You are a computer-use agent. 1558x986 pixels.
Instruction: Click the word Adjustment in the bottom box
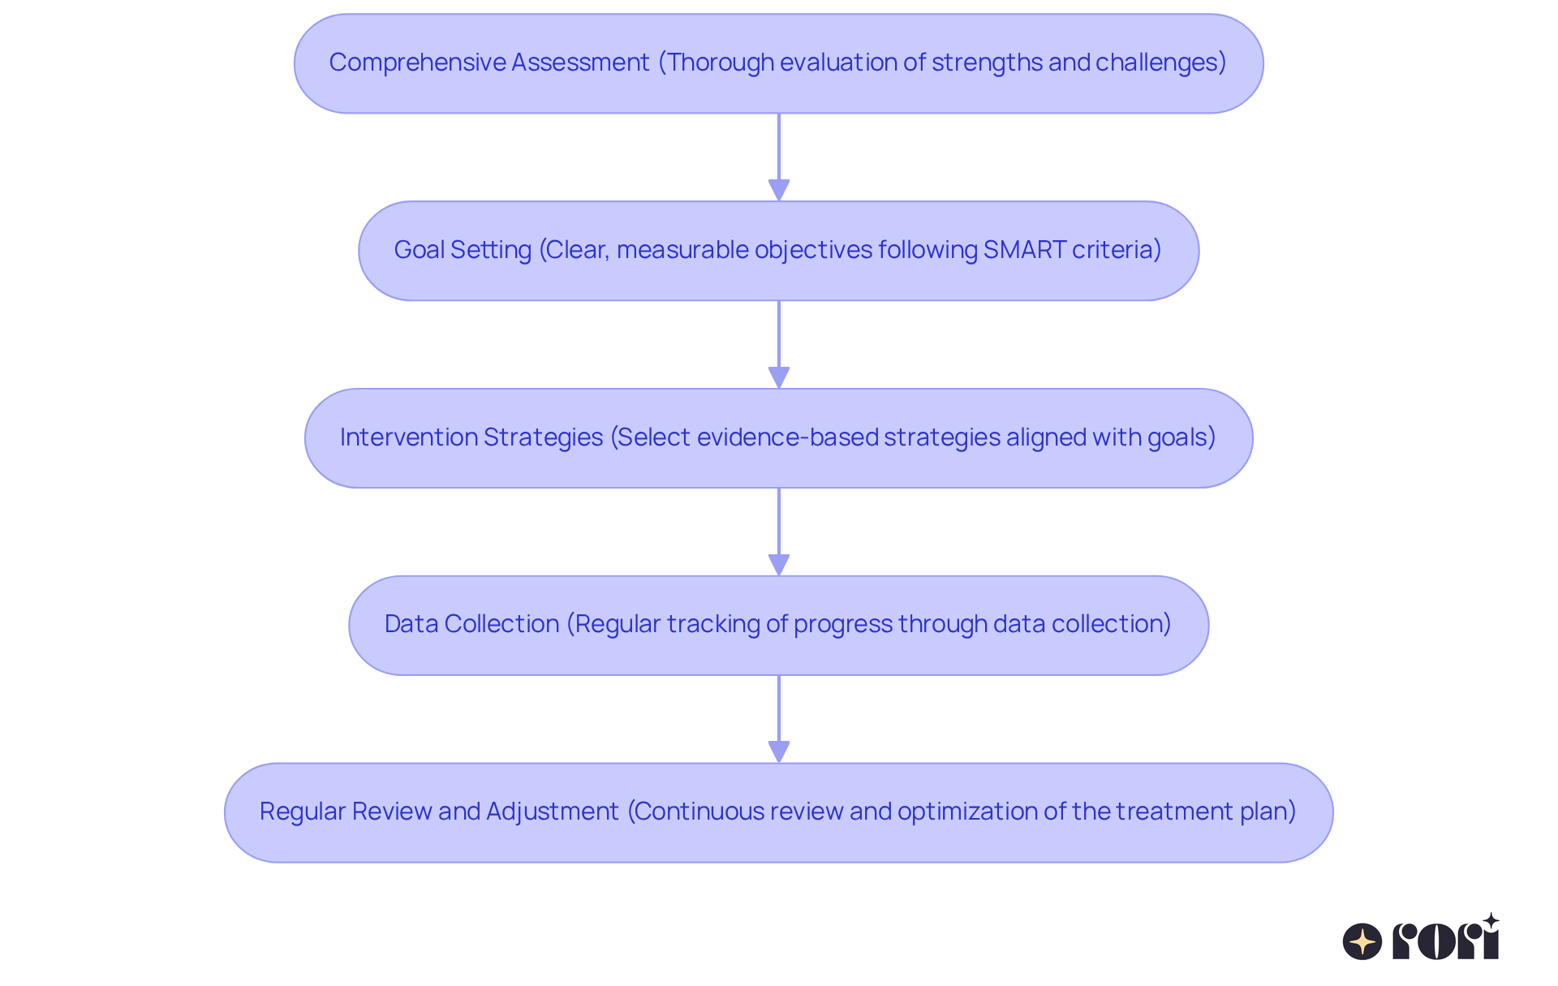pos(552,812)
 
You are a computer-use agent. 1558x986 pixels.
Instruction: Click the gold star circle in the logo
pos(1362,942)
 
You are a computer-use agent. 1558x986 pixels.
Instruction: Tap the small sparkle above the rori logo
pos(1491,920)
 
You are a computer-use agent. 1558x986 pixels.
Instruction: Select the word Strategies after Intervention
pos(543,437)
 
